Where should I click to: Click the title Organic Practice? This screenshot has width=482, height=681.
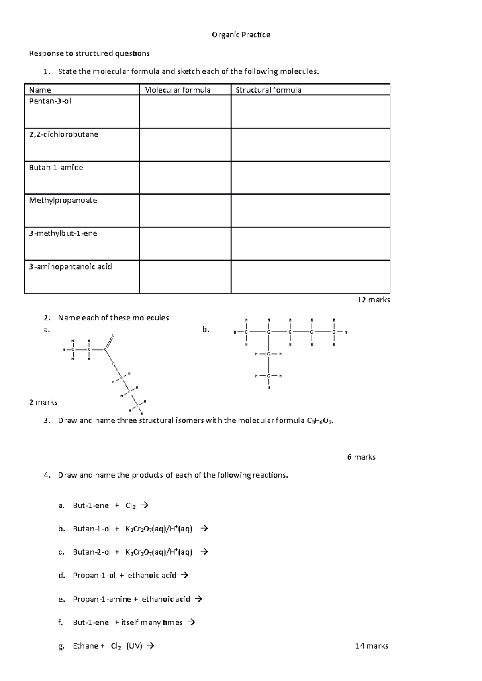point(241,35)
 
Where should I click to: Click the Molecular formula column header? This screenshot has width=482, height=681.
point(177,90)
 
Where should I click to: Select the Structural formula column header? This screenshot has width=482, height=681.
point(268,90)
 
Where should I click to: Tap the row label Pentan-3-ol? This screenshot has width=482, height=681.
point(50,101)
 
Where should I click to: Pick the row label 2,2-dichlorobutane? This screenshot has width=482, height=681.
point(63,134)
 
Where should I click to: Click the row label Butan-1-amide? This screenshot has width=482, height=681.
point(56,168)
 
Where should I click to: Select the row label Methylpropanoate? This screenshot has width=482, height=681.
point(63,200)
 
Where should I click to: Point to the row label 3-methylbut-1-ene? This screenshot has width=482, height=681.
point(63,233)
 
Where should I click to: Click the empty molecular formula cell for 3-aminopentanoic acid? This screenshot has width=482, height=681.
point(185,277)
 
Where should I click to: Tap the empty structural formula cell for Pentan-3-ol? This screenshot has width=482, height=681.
point(310,111)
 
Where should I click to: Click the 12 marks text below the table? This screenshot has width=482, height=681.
point(374,300)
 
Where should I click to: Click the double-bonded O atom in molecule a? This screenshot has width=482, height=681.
point(113,335)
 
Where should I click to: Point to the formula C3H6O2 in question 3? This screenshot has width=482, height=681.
point(320,421)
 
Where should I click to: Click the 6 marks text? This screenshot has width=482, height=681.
point(361,457)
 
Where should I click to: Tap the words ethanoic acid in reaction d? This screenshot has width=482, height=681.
point(152,576)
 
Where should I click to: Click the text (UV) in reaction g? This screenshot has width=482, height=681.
point(134,646)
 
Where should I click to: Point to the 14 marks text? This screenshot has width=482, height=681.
point(372,646)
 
